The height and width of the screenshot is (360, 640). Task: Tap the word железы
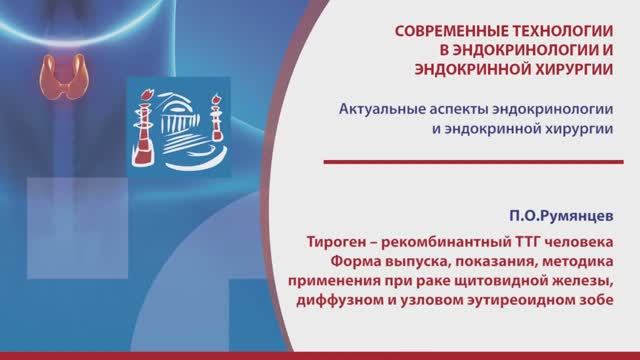pyautogui.click(x=586, y=283)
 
